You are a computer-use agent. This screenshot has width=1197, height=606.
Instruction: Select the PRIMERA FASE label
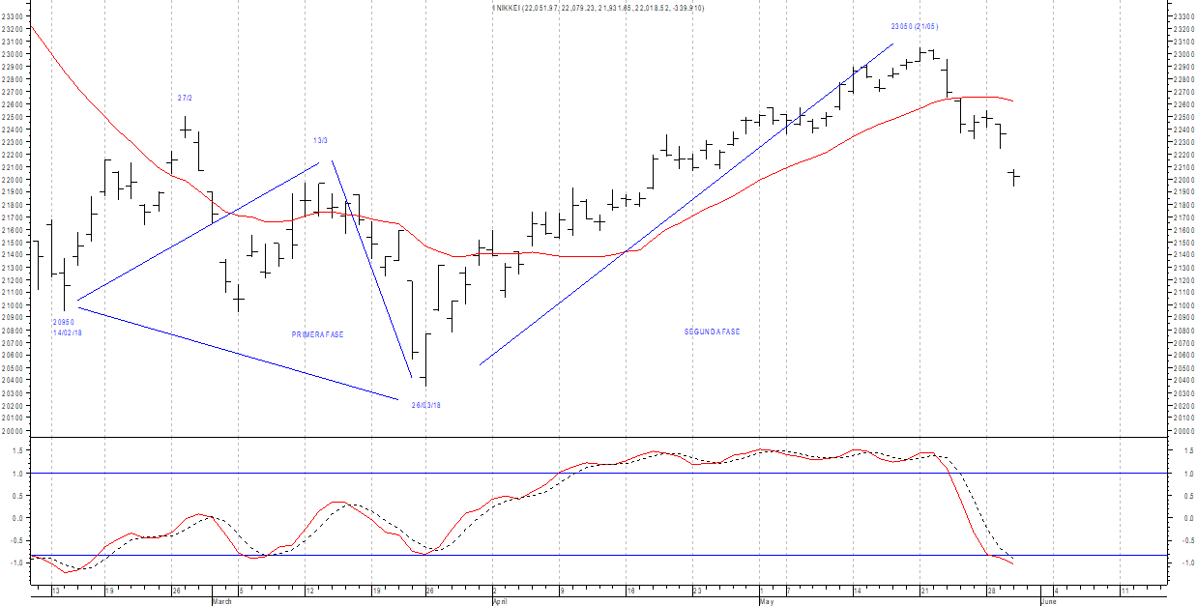tap(317, 334)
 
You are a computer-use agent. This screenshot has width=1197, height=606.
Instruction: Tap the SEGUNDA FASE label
tap(712, 332)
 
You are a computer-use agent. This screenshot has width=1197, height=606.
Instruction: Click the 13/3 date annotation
tap(320, 140)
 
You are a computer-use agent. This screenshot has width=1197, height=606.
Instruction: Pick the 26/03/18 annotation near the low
tap(425, 405)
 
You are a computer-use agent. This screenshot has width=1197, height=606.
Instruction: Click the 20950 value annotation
tap(64, 322)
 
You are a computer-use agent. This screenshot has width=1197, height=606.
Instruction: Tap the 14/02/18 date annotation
tap(68, 332)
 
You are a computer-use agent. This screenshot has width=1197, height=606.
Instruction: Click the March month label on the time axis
tap(221, 601)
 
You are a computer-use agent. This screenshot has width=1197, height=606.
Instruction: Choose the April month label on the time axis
tap(499, 601)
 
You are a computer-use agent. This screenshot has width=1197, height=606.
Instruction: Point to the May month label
tap(767, 601)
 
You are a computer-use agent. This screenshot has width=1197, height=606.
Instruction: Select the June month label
tap(1048, 601)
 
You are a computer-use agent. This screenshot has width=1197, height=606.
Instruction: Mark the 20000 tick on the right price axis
tap(1182, 431)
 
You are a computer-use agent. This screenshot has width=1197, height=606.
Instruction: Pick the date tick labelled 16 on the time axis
tap(629, 590)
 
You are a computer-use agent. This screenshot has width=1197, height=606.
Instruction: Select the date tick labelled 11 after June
tap(1124, 590)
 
